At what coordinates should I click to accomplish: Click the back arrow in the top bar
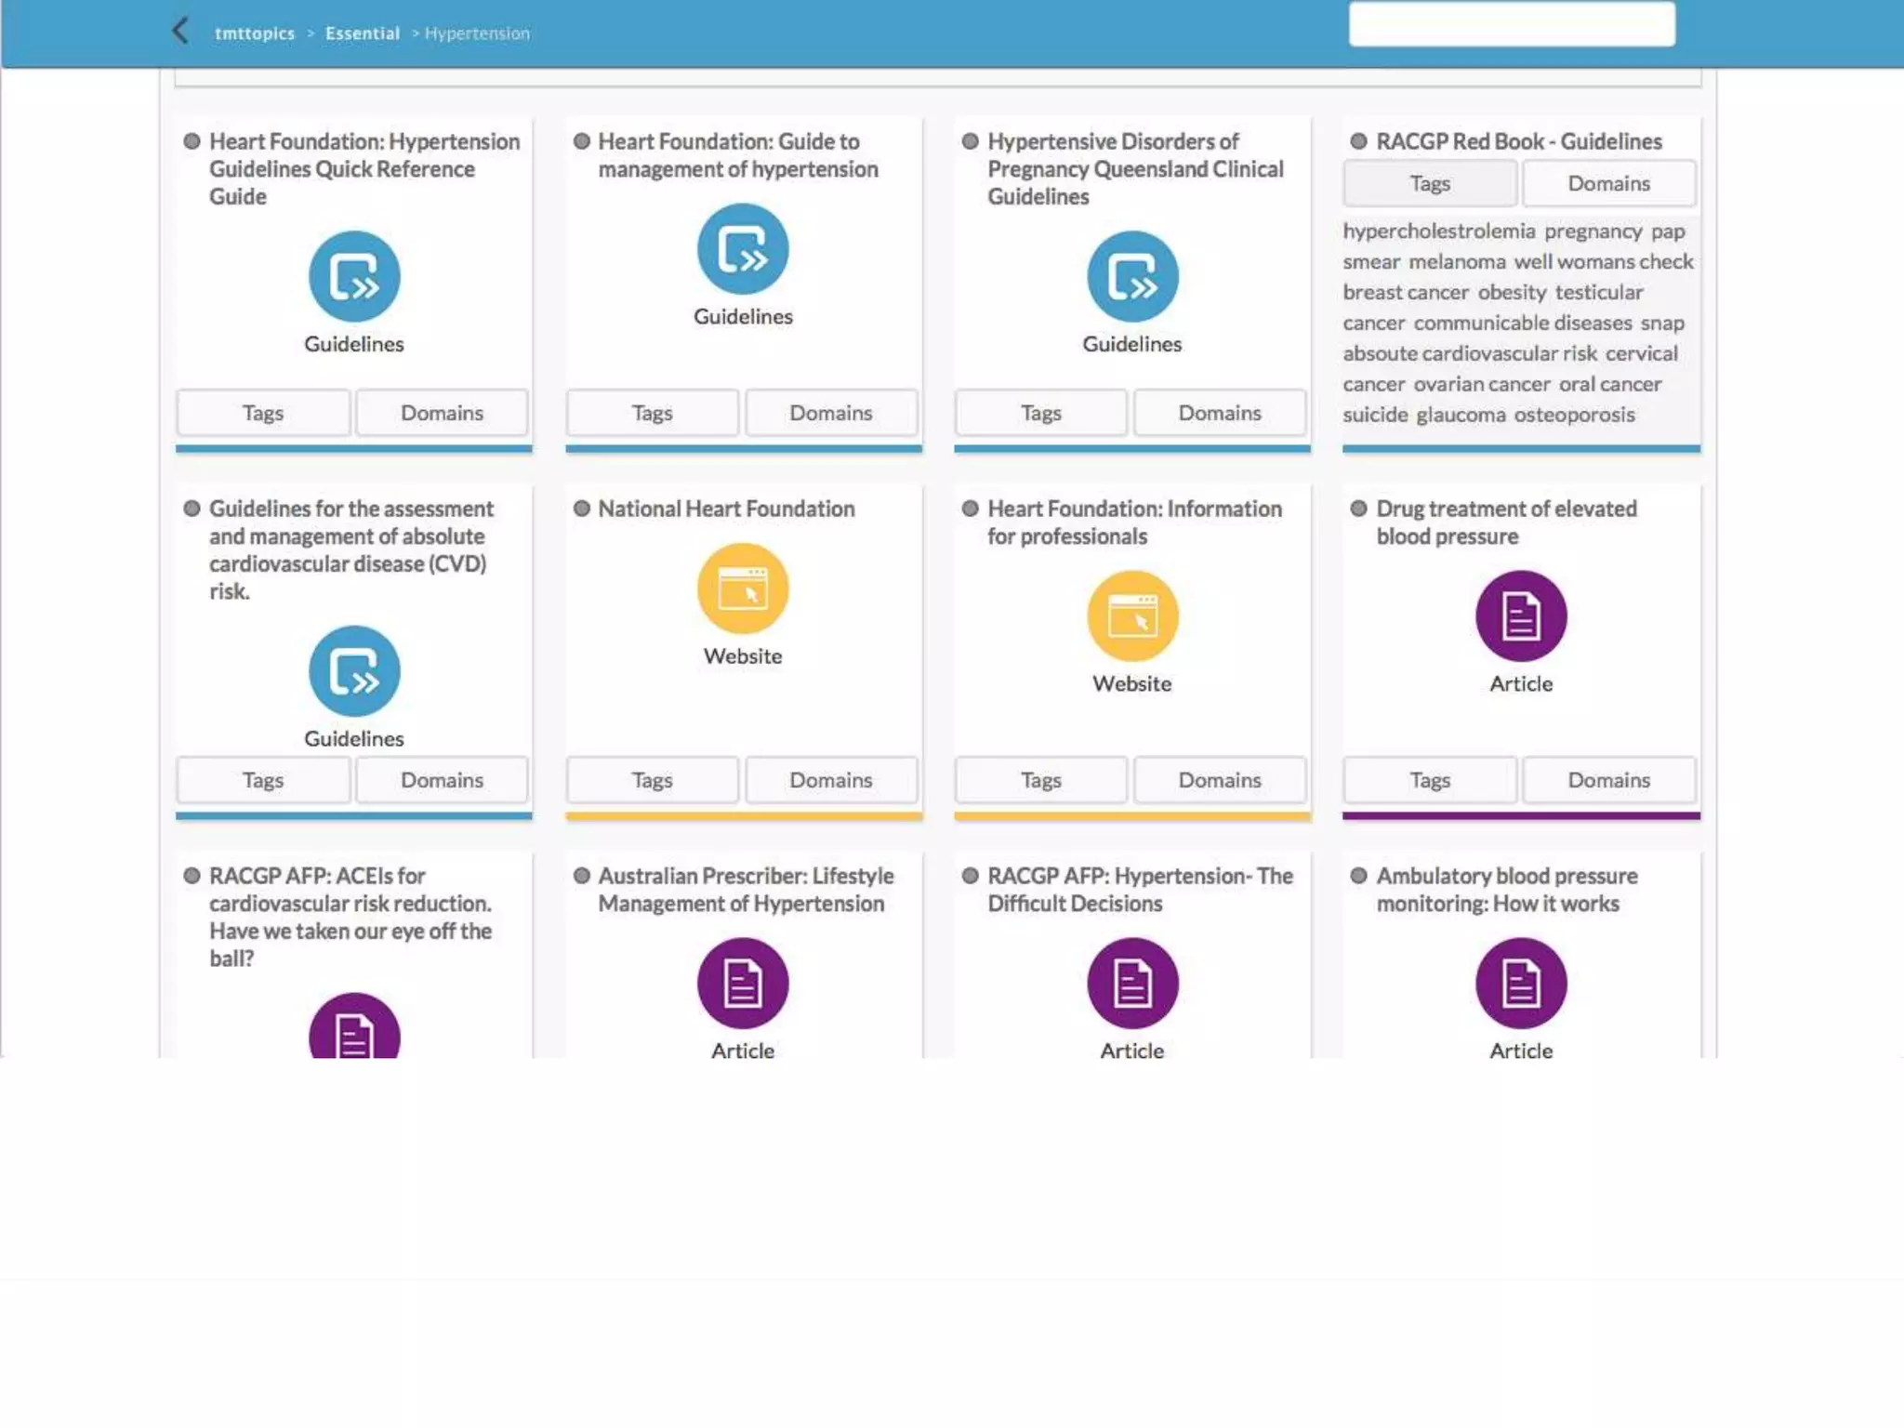[x=180, y=31]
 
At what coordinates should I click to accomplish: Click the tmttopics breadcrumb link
[x=254, y=33]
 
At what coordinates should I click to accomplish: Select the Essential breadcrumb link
[x=362, y=33]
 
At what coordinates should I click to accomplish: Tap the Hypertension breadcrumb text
[x=477, y=33]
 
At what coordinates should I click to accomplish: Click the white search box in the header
[x=1511, y=24]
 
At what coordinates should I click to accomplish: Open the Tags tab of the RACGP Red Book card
[x=1429, y=183]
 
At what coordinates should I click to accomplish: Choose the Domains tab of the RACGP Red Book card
[x=1608, y=183]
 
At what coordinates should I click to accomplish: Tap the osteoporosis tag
[x=1574, y=415]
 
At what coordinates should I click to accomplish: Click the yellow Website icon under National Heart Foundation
[x=743, y=588]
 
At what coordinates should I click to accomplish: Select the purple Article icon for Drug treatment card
[x=1521, y=615]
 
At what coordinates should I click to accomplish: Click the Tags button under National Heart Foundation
[x=652, y=780]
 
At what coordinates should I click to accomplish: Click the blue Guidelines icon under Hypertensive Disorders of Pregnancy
[x=1131, y=276]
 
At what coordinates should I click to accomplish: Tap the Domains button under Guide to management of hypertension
[x=830, y=413]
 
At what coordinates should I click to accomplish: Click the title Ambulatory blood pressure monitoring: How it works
[x=1506, y=890]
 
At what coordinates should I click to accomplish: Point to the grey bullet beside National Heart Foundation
[x=582, y=509]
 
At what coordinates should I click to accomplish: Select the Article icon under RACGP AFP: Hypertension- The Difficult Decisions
[x=1131, y=983]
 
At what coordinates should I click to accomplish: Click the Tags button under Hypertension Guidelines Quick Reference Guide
[x=262, y=413]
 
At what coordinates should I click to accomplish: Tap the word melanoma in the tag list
[x=1456, y=262]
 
